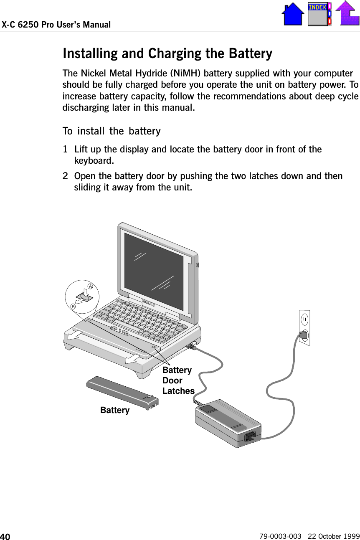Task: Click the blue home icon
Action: click(x=293, y=14)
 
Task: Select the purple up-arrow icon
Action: click(x=347, y=13)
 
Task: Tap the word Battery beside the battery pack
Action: click(x=115, y=411)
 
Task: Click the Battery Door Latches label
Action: click(x=178, y=380)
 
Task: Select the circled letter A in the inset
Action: click(x=90, y=286)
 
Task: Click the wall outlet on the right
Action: click(x=304, y=327)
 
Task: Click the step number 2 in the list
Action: click(x=66, y=176)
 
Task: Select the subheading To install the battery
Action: click(x=111, y=131)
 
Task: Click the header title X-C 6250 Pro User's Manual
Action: click(x=56, y=25)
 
